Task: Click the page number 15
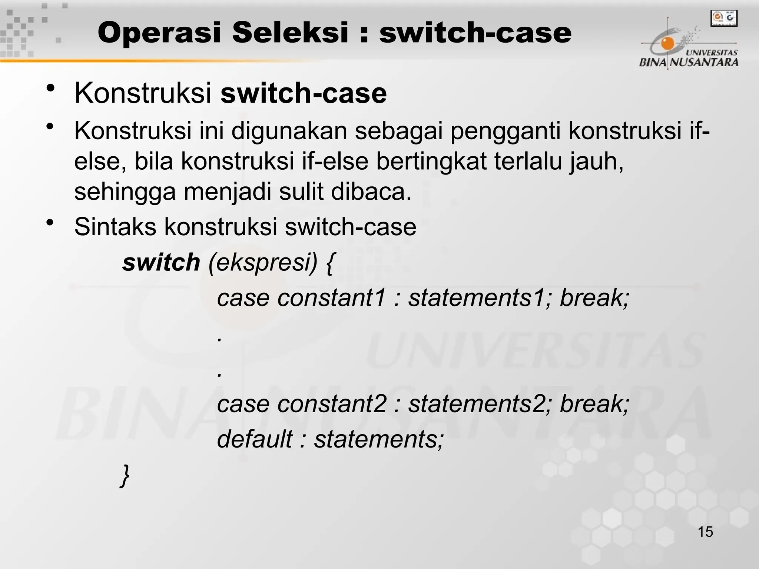705,532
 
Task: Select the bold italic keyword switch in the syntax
161,263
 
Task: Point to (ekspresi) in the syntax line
263,263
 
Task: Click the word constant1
332,298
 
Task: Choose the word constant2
332,404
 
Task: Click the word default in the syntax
255,439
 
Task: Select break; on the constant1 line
594,298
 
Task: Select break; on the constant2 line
594,404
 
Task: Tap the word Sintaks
115,227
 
